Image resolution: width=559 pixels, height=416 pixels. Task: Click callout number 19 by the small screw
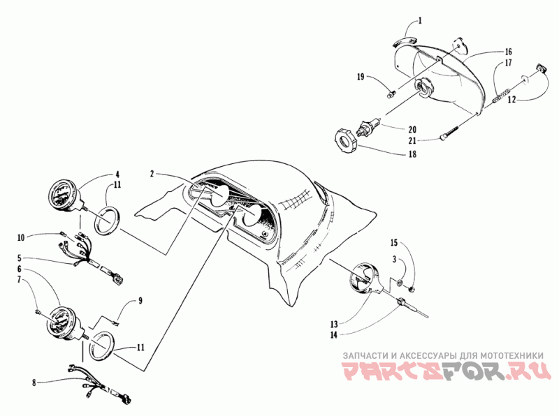click(x=361, y=76)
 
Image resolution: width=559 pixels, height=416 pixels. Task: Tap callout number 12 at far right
click(x=512, y=99)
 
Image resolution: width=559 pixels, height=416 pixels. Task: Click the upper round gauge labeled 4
click(x=64, y=195)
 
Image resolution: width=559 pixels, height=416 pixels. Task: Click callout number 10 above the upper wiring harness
click(x=41, y=237)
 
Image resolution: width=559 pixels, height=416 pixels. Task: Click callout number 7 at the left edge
click(x=40, y=279)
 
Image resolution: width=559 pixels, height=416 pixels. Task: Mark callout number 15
click(x=394, y=243)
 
